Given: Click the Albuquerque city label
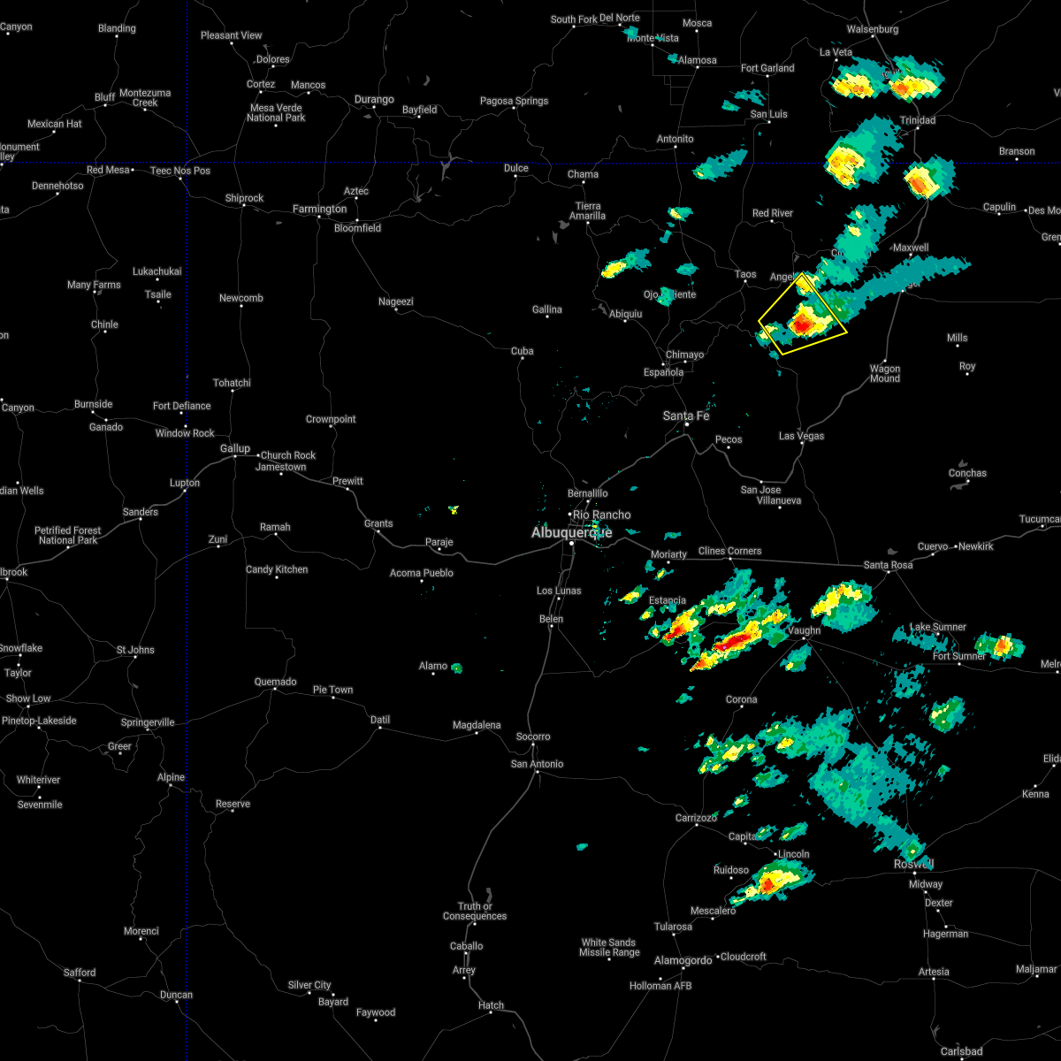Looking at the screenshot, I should click(571, 532).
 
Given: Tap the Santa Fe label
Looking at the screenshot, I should click(687, 416).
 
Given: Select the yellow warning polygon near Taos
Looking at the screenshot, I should click(802, 316).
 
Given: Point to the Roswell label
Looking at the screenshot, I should click(913, 864).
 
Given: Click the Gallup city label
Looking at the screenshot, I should click(235, 449).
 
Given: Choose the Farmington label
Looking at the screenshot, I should click(320, 210).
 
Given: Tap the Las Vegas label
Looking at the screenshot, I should click(801, 436).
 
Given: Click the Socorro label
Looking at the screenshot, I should click(533, 737).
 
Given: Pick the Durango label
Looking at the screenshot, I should click(374, 100).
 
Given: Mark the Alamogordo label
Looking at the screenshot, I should click(683, 960).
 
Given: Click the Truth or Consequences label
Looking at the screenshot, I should click(475, 911).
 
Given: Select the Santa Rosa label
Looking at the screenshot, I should click(888, 565).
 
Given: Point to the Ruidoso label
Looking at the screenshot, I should click(731, 870).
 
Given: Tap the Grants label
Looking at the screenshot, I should click(378, 523).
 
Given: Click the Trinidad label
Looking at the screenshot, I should click(917, 120).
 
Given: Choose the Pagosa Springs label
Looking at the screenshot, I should click(515, 101).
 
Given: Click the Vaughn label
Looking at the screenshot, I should click(804, 630).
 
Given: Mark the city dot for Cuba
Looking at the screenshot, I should click(523, 362).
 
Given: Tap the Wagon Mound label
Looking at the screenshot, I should click(885, 374).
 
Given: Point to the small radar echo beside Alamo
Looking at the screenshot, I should click(456, 668).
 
